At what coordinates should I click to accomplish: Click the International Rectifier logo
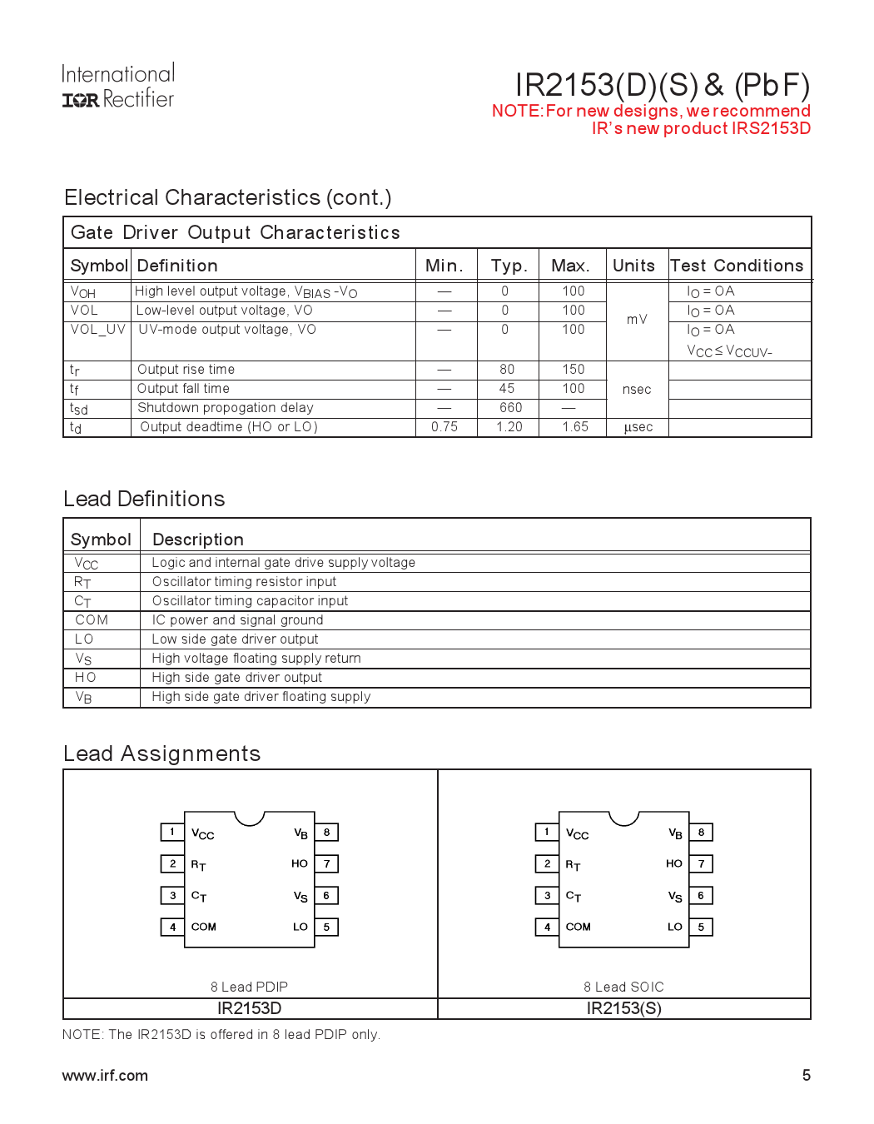[x=117, y=87]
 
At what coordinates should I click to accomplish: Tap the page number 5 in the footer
[x=806, y=1075]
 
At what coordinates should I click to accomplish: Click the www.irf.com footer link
[x=105, y=1075]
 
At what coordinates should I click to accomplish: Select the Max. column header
[x=570, y=266]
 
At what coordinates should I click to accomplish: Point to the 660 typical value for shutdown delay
[x=510, y=408]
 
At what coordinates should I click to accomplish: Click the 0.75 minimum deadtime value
[x=444, y=427]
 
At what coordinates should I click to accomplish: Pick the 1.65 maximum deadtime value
[x=574, y=427]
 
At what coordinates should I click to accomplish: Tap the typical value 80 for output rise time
[x=507, y=370]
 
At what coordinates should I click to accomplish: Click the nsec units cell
[x=637, y=390]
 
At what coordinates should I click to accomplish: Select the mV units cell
[x=637, y=320]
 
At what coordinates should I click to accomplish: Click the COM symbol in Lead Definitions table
[x=92, y=620]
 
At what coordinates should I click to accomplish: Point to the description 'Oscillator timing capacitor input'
[x=250, y=601]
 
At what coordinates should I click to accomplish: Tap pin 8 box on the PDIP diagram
[x=326, y=832]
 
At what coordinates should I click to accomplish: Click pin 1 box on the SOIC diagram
[x=547, y=832]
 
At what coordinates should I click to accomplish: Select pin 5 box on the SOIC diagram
[x=701, y=927]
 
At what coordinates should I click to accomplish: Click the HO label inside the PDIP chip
[x=300, y=863]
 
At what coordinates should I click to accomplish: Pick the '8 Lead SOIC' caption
[x=623, y=987]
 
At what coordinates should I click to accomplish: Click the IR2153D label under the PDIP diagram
[x=249, y=1008]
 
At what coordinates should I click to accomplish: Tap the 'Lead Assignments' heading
[x=162, y=753]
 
